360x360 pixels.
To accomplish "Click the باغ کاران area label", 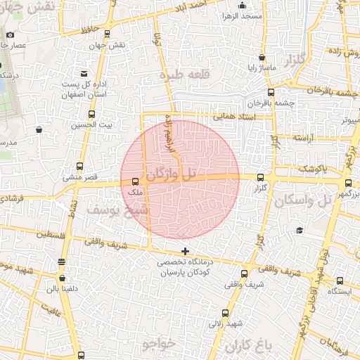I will click(x=248, y=346).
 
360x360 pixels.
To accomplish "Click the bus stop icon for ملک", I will click(x=136, y=181).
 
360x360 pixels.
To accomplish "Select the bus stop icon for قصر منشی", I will click(x=79, y=167).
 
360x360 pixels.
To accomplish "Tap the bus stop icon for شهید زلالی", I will click(x=225, y=314).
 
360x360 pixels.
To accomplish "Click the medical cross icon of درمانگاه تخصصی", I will click(x=185, y=251).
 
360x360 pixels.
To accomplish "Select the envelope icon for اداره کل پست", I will click(x=84, y=73).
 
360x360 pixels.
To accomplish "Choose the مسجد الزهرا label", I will click(x=241, y=15).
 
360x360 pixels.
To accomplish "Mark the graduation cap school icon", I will click(x=300, y=231).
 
